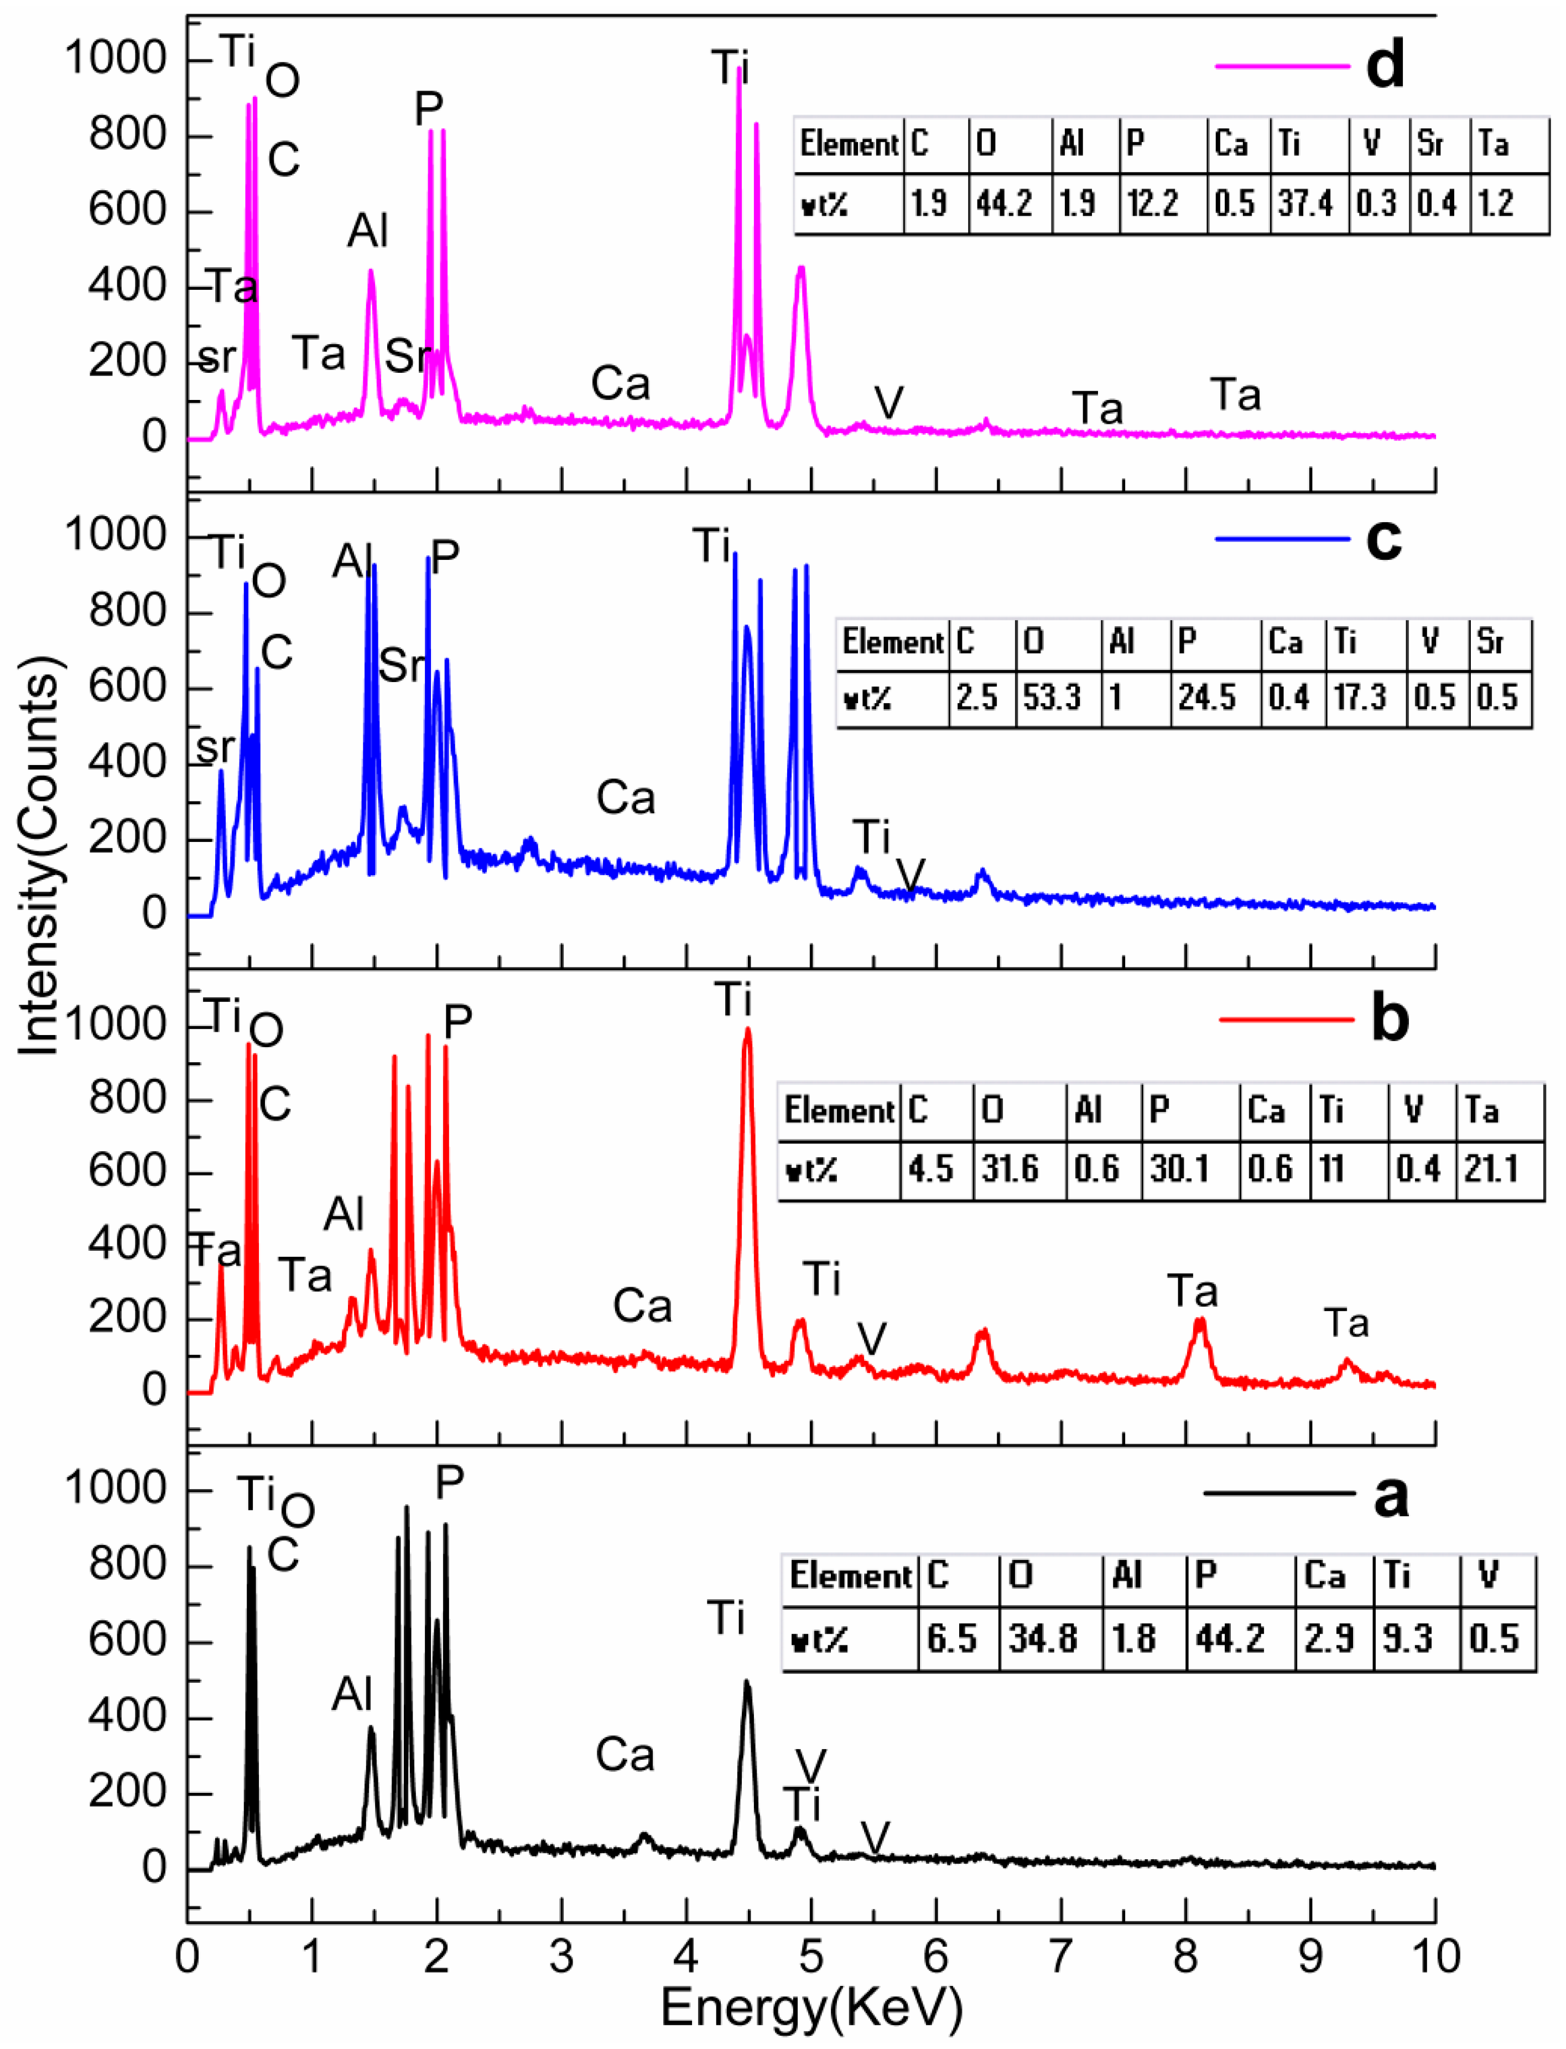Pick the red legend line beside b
point(1286,1019)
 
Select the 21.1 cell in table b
point(1491,1168)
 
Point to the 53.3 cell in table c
point(1052,698)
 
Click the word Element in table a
point(850,1577)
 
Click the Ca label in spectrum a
point(625,1755)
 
